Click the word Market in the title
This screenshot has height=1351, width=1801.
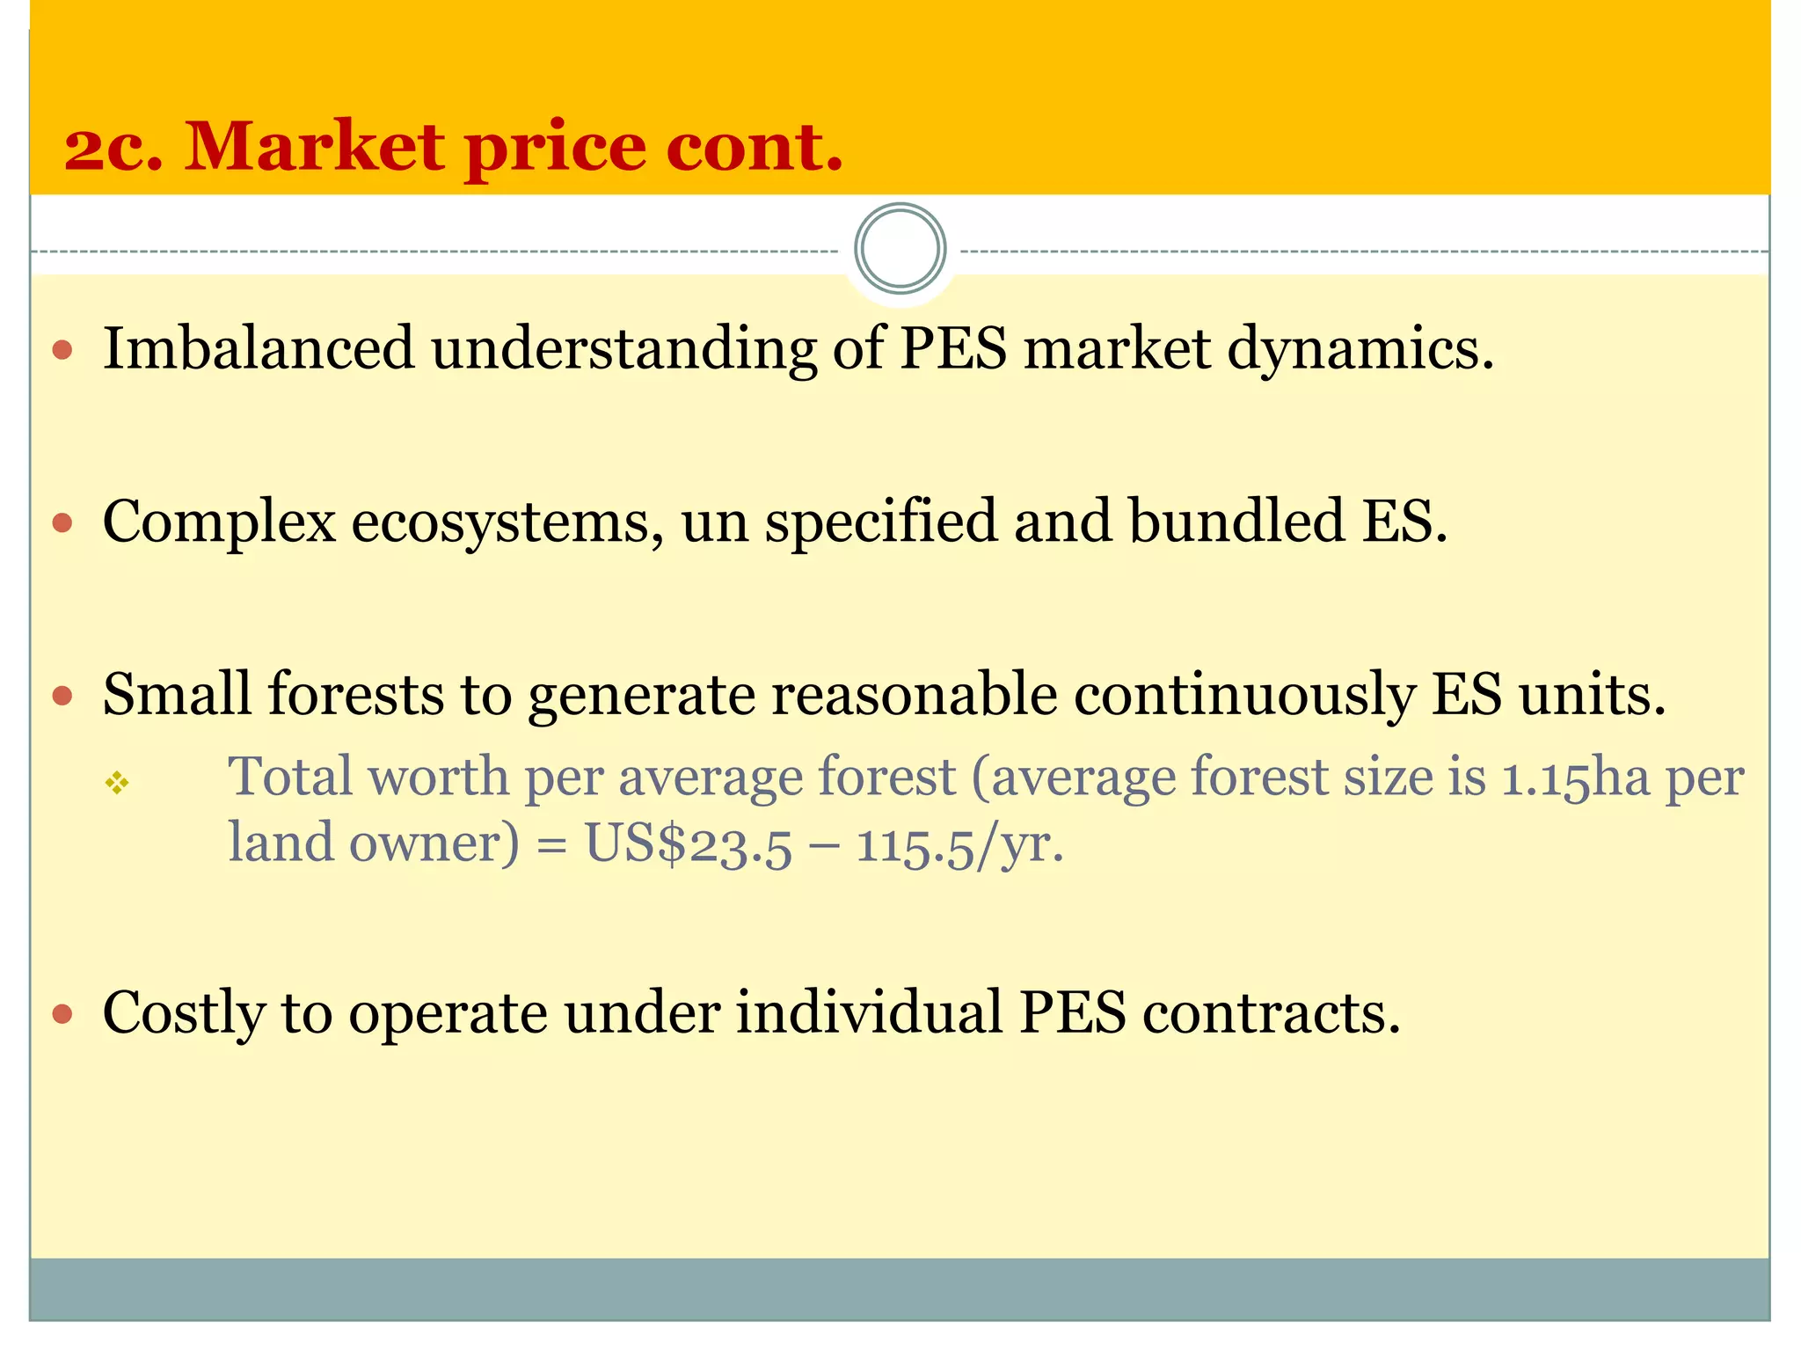pyautogui.click(x=315, y=146)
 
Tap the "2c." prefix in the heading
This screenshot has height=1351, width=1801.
pyautogui.click(x=113, y=148)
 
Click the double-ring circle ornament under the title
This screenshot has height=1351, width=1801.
pyautogui.click(x=900, y=249)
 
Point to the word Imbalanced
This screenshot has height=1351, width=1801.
pyautogui.click(x=259, y=348)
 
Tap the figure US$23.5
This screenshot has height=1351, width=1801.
pyautogui.click(x=689, y=844)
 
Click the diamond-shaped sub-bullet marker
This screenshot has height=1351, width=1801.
pyautogui.click(x=117, y=782)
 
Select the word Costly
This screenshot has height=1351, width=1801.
pyautogui.click(x=183, y=1013)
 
